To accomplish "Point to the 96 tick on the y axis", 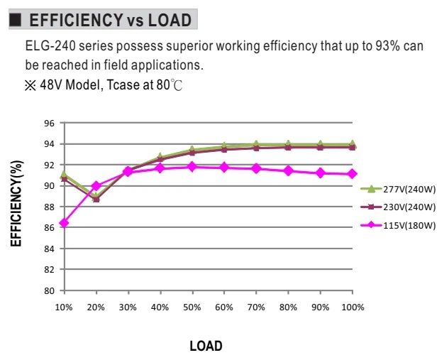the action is [49, 124].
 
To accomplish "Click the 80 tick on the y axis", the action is [49, 291].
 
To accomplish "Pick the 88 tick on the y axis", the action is [49, 207].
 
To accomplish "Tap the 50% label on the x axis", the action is [192, 307].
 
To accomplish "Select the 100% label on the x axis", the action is [353, 307].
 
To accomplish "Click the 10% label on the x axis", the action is [64, 307].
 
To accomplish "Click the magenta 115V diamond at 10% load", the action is [65, 223].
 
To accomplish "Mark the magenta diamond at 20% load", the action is [96, 186].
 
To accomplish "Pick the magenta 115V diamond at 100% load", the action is [353, 174].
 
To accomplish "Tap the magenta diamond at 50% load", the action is [192, 167].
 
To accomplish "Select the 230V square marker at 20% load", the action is [96, 200].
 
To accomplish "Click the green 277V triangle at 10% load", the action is [64, 174].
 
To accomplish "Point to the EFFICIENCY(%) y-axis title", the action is [16, 204].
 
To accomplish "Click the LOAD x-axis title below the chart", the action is [206, 346].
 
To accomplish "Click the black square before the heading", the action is [16, 20].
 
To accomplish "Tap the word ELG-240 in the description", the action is [50, 46].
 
